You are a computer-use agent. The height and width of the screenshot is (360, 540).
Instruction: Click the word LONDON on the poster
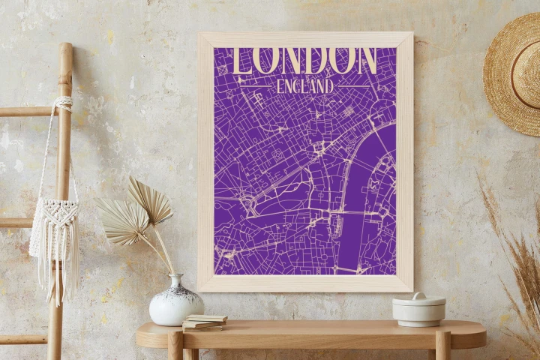click(x=306, y=60)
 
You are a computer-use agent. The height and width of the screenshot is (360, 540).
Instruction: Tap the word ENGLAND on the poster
click(x=304, y=86)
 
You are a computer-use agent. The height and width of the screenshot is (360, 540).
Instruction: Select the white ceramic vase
click(x=176, y=304)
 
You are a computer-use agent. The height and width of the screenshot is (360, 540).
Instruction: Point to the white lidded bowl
click(x=418, y=310)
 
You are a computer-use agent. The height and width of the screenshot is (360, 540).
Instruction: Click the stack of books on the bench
click(x=204, y=322)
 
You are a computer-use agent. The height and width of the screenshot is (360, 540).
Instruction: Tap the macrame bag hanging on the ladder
click(x=54, y=225)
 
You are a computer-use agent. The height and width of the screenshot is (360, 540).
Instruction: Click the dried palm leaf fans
click(x=135, y=210)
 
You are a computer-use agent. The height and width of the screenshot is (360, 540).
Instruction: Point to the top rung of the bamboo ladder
click(x=30, y=112)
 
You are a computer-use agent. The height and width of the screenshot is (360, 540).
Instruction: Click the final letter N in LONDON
click(x=364, y=60)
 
